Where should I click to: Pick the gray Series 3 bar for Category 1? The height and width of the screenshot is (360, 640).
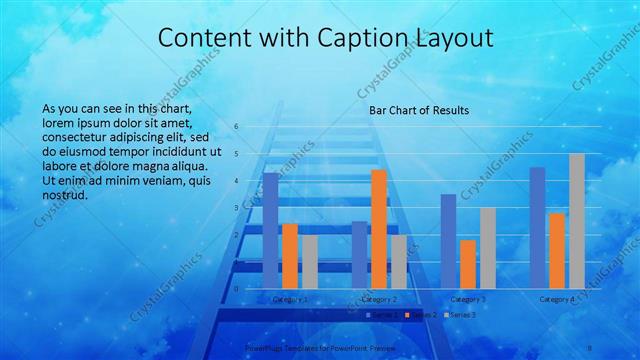pyautogui.click(x=310, y=262)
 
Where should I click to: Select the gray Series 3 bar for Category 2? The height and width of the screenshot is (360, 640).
pyautogui.click(x=399, y=262)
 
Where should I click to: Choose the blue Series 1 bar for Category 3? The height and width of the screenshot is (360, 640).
pyautogui.click(x=448, y=241)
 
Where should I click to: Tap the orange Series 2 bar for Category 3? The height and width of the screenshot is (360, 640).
pyautogui.click(x=468, y=264)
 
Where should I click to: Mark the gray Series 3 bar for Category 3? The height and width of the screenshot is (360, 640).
pyautogui.click(x=488, y=248)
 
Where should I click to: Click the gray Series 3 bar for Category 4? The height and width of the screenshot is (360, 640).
pyautogui.click(x=577, y=221)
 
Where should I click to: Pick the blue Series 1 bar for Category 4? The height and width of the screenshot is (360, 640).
pyautogui.click(x=537, y=228)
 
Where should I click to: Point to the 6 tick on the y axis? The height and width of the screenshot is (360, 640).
pyautogui.click(x=237, y=127)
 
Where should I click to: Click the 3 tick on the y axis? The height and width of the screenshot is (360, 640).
pyautogui.click(x=237, y=208)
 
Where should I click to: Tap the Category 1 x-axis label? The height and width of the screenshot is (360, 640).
pyautogui.click(x=290, y=299)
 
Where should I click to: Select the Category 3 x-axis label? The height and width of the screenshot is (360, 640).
pyautogui.click(x=468, y=299)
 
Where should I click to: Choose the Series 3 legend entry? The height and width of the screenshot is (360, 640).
pyautogui.click(x=461, y=315)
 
